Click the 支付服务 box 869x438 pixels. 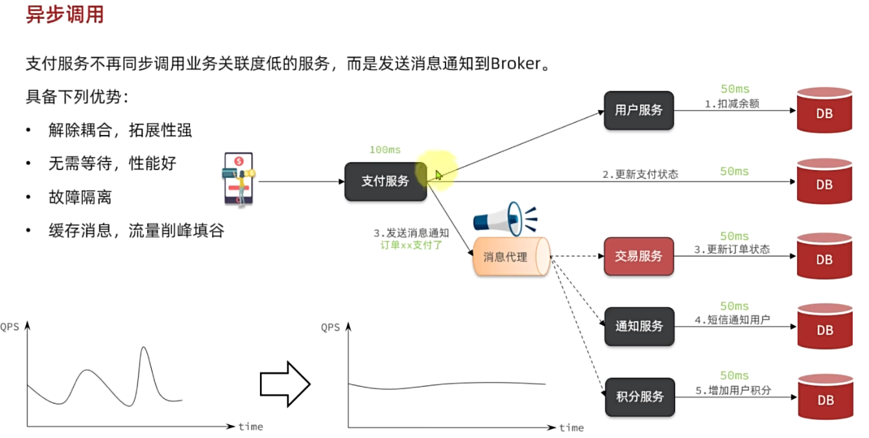tap(385, 181)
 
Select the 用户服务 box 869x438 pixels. tap(639, 110)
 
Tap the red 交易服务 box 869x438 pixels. tap(639, 256)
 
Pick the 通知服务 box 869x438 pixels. tap(639, 326)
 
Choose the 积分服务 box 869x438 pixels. tap(639, 396)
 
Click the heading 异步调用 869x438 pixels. tap(64, 14)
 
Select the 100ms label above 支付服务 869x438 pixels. tap(385, 150)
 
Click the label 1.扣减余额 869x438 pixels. tap(732, 104)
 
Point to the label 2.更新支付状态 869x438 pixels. tap(640, 174)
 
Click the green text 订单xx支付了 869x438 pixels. tap(411, 245)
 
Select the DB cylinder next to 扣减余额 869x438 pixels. tap(824, 111)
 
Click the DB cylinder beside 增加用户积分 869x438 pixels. tap(825, 397)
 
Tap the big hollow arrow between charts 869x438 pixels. tap(285, 384)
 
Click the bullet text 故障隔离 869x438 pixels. tap(80, 197)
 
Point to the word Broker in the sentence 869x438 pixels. tap(516, 64)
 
